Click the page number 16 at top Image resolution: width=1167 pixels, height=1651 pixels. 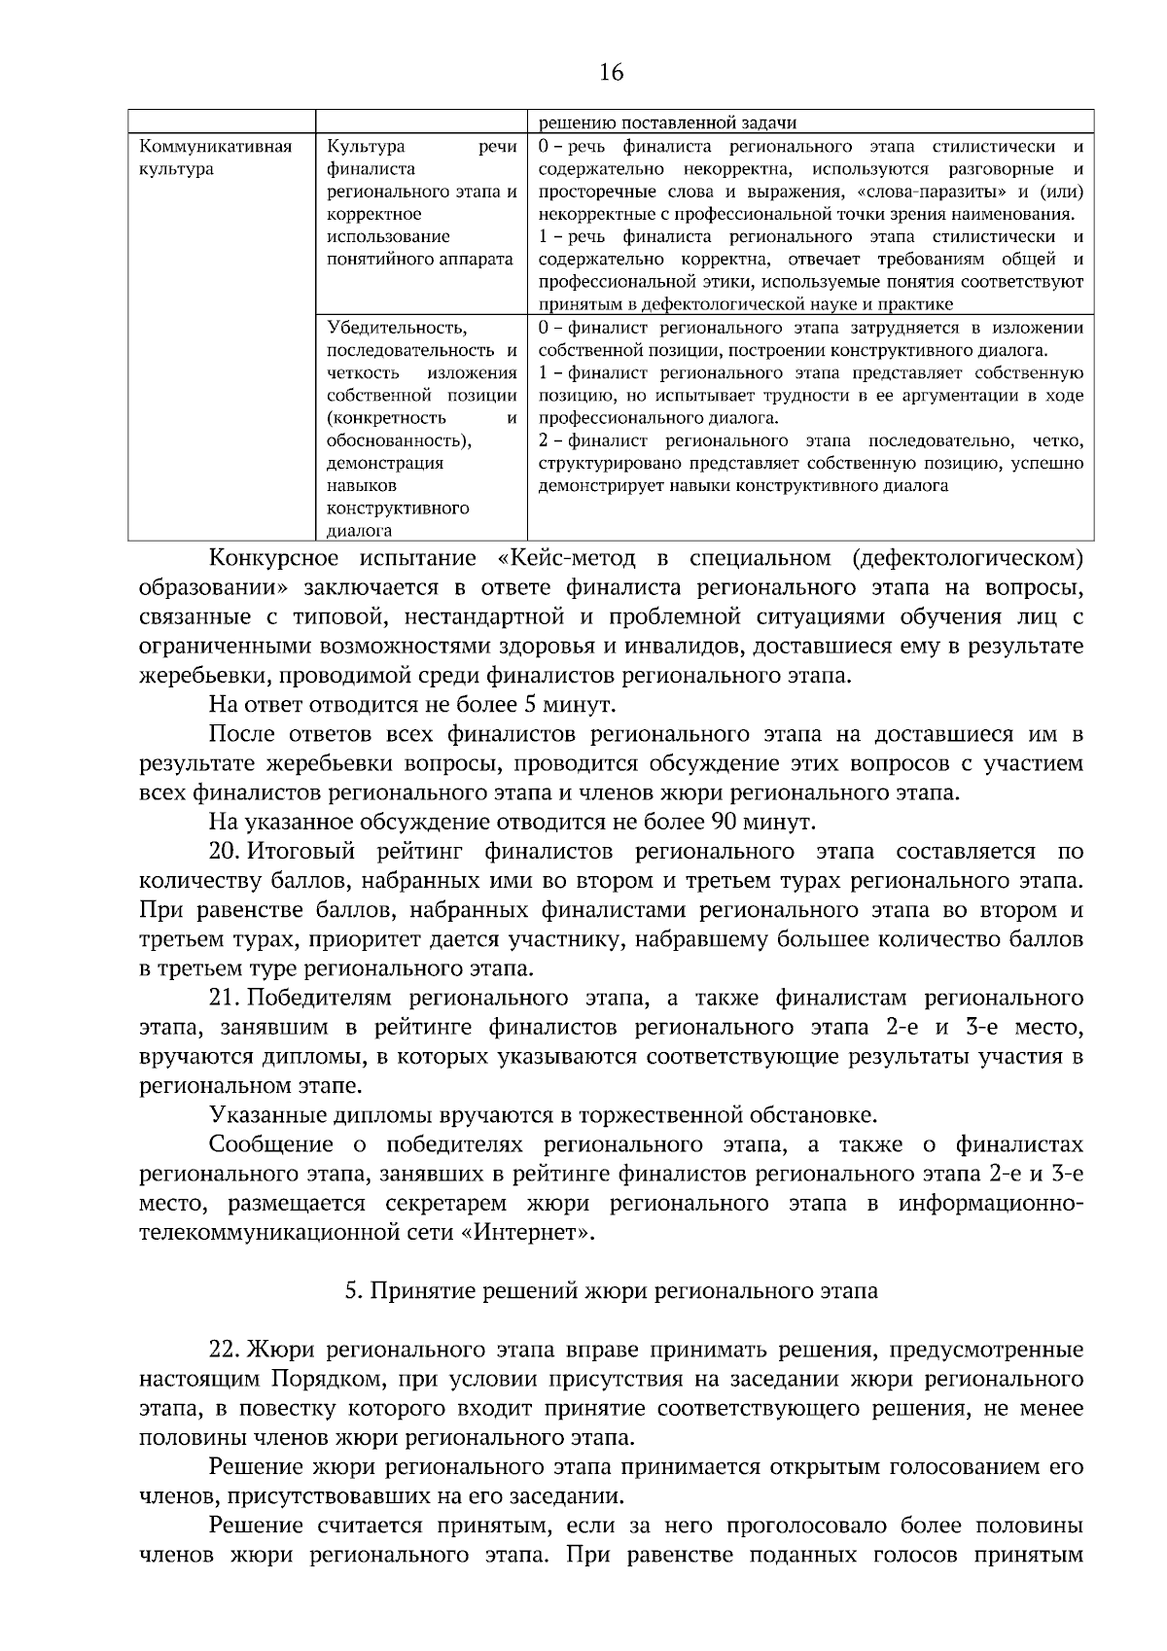612,72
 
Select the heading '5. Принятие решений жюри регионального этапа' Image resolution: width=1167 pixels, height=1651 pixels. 612,1291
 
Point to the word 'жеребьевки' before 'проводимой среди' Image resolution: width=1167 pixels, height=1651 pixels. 200,675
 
